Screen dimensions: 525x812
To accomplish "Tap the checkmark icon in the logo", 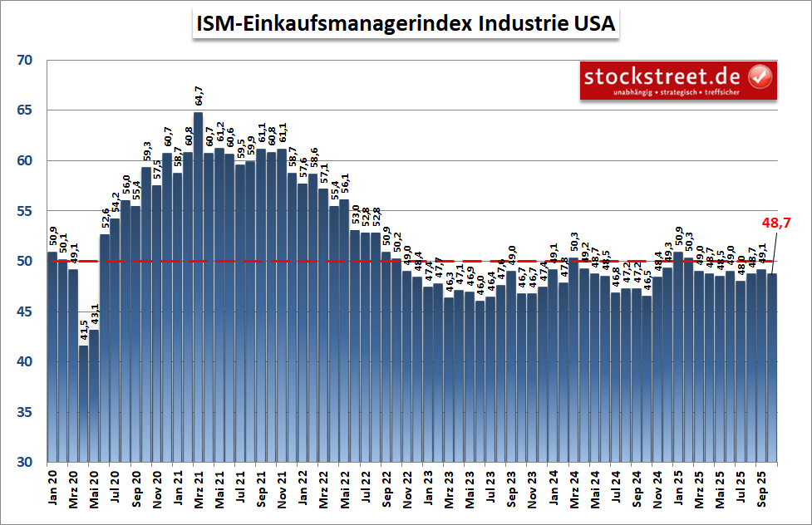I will pos(760,77).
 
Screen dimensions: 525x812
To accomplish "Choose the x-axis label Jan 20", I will pos(52,490).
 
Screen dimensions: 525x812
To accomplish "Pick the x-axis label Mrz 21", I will pos(198,490).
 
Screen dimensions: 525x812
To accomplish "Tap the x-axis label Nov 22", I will pos(406,490).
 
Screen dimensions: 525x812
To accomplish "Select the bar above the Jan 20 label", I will pos(52,357).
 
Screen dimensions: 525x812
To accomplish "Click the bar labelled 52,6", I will pos(105,348).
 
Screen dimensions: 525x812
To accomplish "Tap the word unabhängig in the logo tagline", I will pos(633,91).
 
